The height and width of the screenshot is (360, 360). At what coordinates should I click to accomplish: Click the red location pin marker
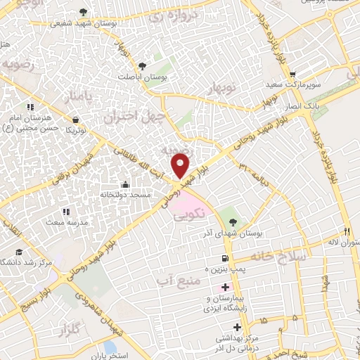[x=181, y=165]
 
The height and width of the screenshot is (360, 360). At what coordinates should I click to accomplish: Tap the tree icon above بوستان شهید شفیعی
[x=84, y=12]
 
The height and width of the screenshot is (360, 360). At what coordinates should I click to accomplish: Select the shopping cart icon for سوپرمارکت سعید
[x=292, y=74]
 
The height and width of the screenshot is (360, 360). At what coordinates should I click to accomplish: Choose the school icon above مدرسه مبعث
[x=65, y=211]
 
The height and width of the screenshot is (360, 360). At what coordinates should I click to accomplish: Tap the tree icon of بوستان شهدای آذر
[x=225, y=222]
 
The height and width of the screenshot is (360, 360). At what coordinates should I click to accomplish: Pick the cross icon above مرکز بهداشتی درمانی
[x=238, y=327]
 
